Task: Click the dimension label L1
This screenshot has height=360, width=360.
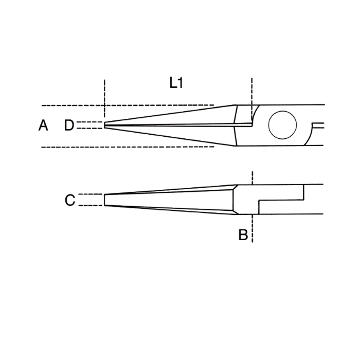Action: click(x=176, y=83)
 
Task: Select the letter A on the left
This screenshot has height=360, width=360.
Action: click(x=43, y=125)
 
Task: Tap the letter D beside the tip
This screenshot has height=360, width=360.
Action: click(x=69, y=125)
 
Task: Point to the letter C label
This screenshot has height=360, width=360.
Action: click(x=70, y=200)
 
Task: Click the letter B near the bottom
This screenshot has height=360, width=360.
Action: click(x=243, y=236)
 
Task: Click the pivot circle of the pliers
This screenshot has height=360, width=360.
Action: click(x=282, y=125)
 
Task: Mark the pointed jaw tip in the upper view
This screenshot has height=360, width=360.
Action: click(x=105, y=125)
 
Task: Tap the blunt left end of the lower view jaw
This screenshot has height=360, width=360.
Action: click(x=105, y=200)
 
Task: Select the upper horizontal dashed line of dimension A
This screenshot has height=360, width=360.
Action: click(x=129, y=105)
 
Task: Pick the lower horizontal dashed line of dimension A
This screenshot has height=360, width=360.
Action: click(x=129, y=147)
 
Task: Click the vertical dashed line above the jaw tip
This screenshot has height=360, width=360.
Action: click(x=104, y=95)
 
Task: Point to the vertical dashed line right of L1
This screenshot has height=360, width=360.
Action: click(x=252, y=93)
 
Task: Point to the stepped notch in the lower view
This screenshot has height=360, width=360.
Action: click(x=280, y=201)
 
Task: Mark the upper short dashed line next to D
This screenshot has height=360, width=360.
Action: click(x=91, y=122)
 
